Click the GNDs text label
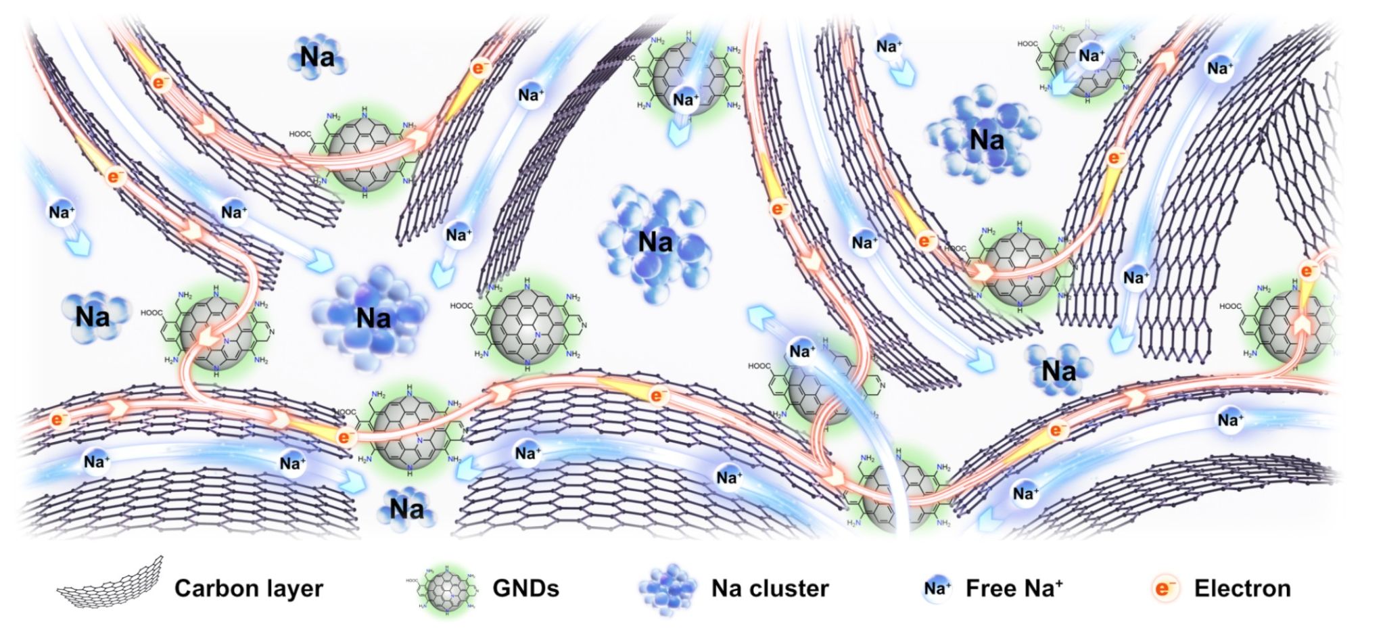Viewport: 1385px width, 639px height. [x=525, y=588]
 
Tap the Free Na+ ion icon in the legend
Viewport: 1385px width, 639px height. [x=937, y=588]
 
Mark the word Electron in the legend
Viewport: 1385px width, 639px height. [x=1242, y=588]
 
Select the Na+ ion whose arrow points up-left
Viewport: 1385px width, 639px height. [x=802, y=351]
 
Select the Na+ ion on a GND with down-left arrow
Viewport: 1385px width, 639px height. [x=1090, y=56]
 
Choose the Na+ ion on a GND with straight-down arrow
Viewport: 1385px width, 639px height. [x=685, y=100]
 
